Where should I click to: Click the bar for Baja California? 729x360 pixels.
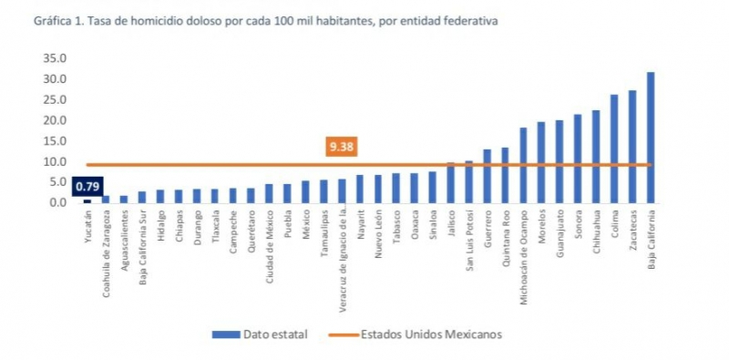point(650,137)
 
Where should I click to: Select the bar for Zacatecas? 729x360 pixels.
point(631,146)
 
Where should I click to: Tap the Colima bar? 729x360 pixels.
point(613,149)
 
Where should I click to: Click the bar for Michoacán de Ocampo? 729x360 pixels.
point(523,165)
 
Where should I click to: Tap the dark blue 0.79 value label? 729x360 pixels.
point(87,187)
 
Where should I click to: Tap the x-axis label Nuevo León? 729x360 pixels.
point(378,234)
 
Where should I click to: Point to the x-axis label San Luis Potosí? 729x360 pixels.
point(468,240)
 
